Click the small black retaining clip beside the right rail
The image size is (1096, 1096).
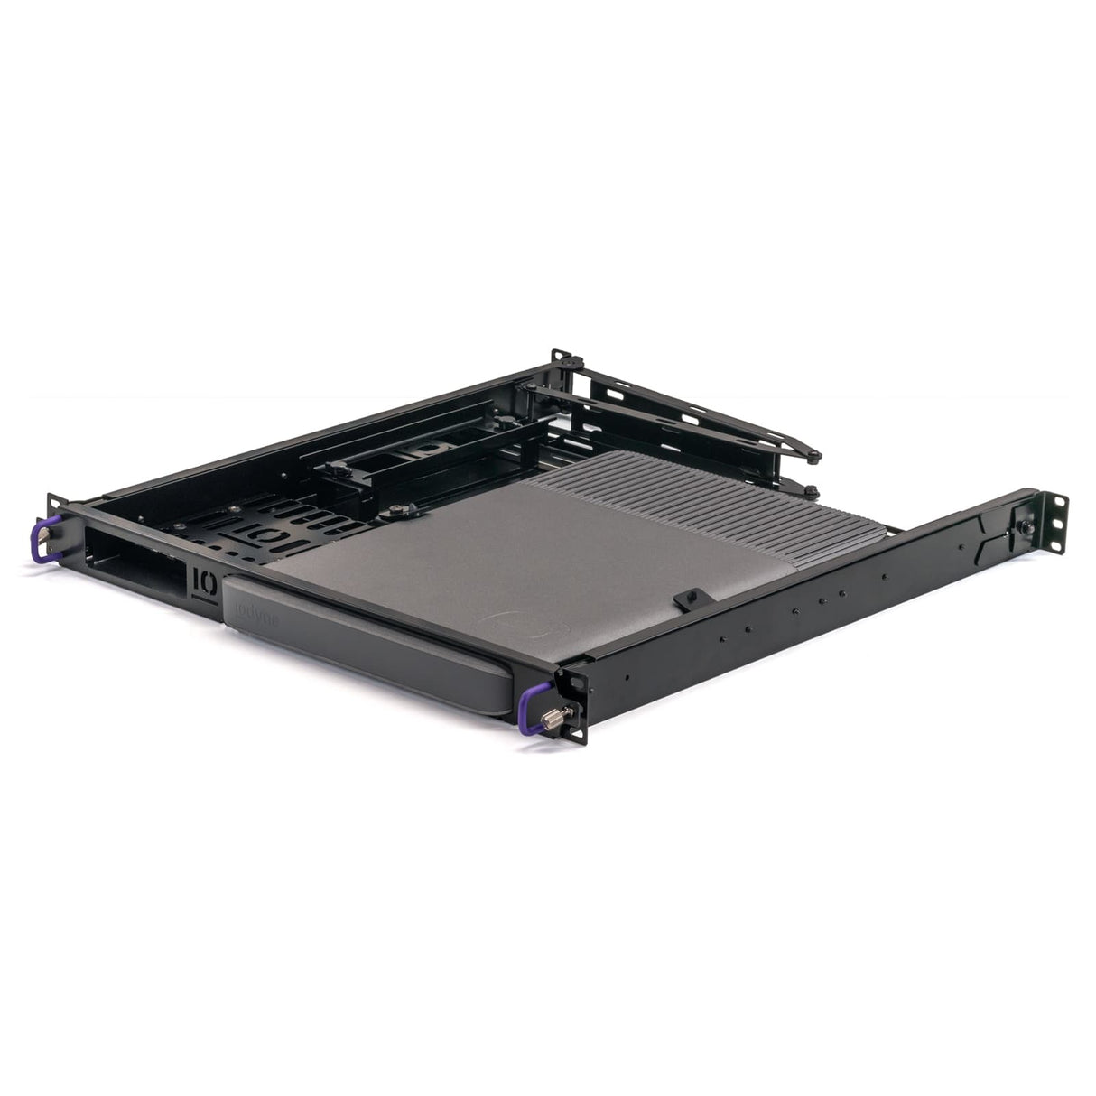[691, 597]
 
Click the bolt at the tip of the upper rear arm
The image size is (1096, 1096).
[816, 455]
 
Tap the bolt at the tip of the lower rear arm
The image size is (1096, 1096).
[810, 490]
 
